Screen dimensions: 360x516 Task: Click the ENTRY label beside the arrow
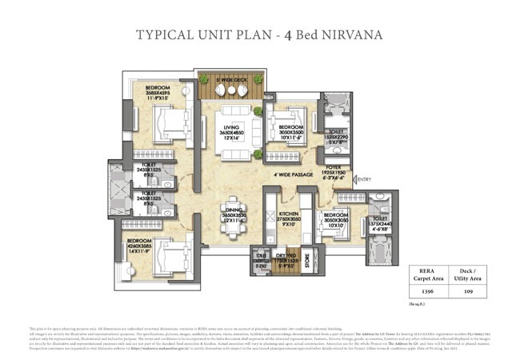click(363, 180)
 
